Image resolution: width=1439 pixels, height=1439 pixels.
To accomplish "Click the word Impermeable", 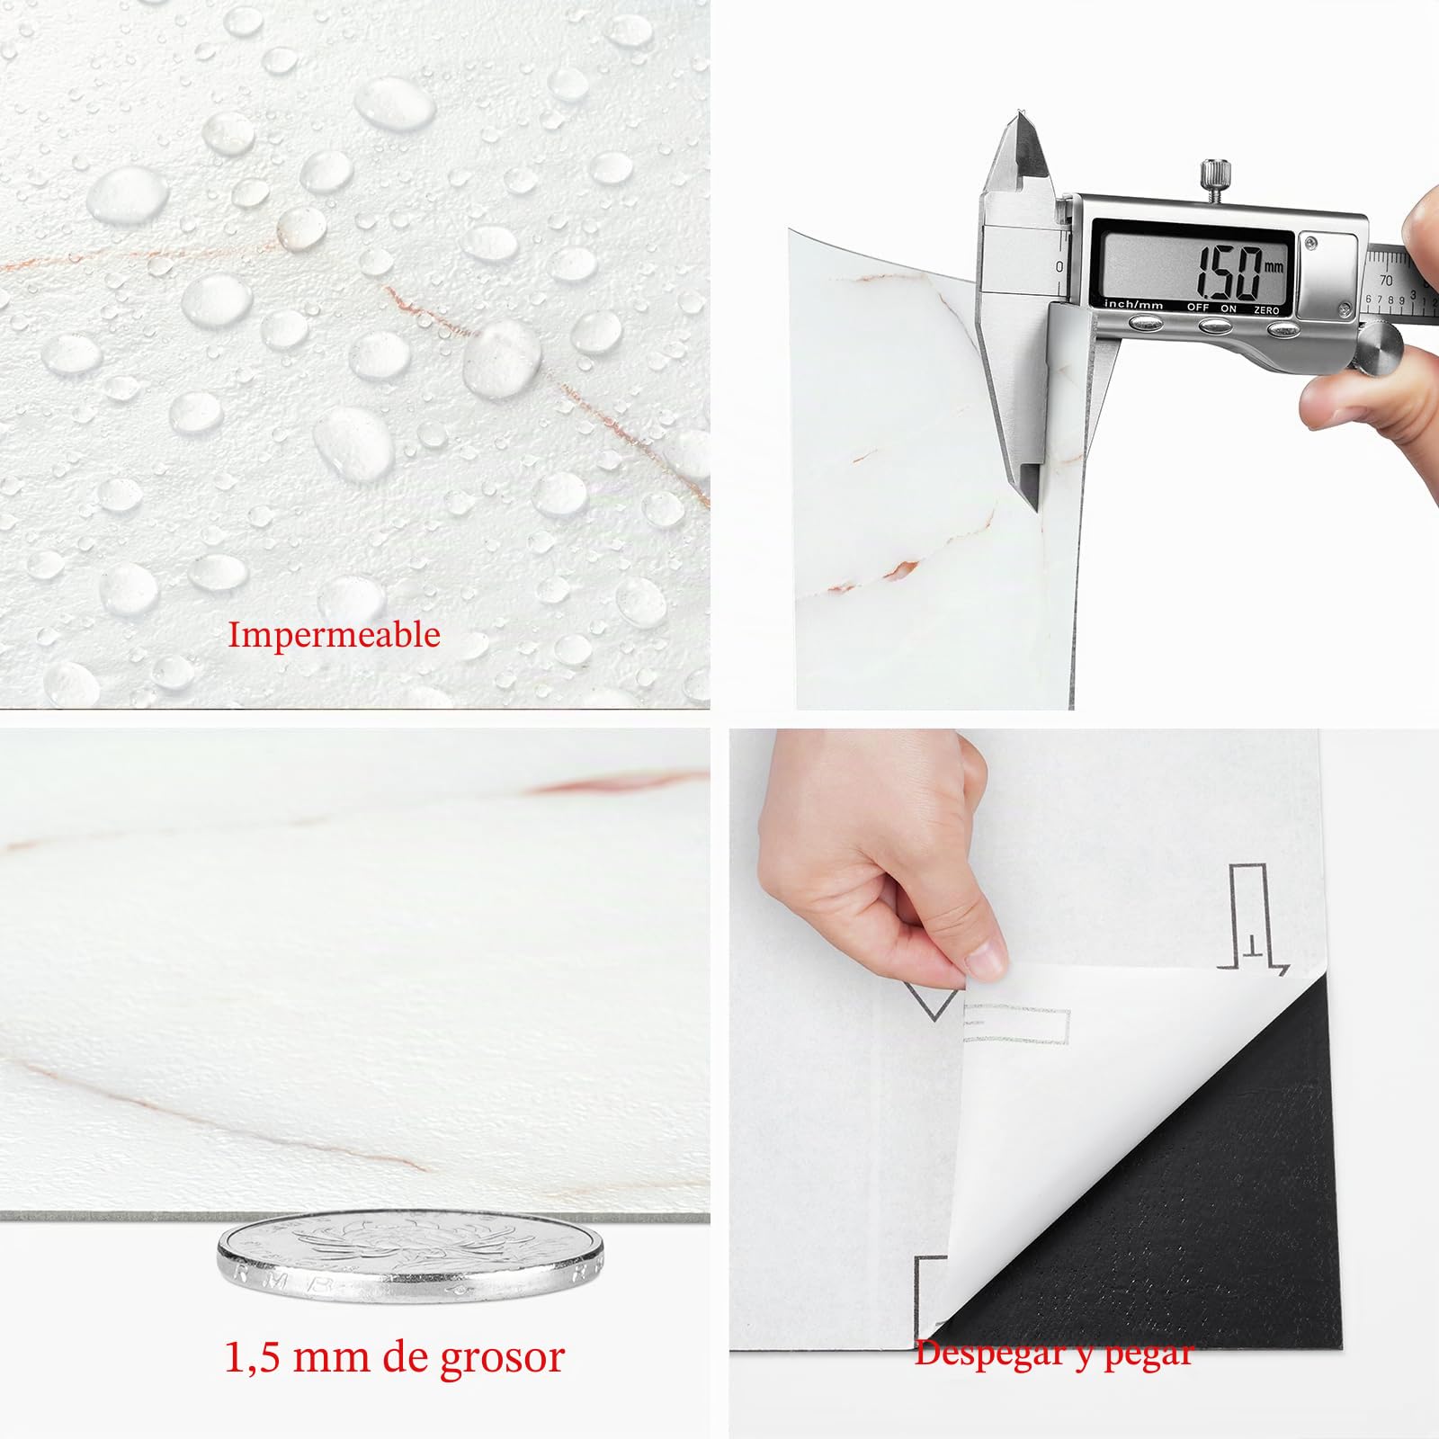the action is [x=334, y=635].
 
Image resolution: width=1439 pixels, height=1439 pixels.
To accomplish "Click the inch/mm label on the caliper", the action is [x=1133, y=305].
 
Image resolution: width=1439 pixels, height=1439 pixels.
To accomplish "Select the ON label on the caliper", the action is [x=1229, y=308].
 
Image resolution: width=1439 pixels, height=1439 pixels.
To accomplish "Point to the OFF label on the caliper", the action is [x=1197, y=308].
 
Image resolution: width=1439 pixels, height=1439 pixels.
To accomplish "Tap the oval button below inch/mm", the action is [x=1146, y=324].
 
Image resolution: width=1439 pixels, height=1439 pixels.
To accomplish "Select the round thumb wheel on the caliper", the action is [x=1378, y=344].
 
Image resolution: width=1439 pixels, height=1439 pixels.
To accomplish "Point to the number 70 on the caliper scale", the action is [x=1385, y=281].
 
